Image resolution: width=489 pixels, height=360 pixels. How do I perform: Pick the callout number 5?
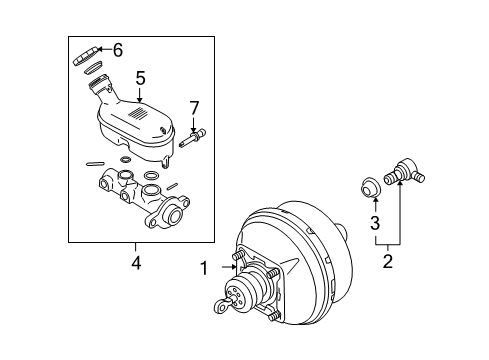(141, 76)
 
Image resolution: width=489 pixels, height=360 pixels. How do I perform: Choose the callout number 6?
(118, 50)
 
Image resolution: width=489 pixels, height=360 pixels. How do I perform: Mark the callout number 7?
(195, 106)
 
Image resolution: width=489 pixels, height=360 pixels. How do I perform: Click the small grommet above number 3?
(367, 185)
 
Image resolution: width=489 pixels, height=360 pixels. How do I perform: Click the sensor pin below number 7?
(194, 138)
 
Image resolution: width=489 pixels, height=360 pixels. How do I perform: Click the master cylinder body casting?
(140, 197)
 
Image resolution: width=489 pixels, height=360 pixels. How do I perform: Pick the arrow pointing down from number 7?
(195, 121)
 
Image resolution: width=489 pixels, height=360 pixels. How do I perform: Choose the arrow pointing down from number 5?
(141, 94)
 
